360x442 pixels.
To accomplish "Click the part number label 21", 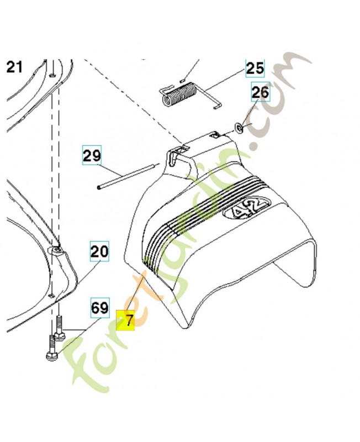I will click(x=14, y=68).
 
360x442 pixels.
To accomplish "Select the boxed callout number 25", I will click(x=255, y=69).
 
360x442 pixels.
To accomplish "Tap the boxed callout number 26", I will click(x=260, y=92).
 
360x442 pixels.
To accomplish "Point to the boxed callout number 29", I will click(x=92, y=155).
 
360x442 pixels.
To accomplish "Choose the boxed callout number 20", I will click(x=99, y=252).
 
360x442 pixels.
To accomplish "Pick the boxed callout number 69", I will click(x=100, y=308).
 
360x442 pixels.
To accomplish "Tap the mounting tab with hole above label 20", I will click(x=57, y=251).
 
